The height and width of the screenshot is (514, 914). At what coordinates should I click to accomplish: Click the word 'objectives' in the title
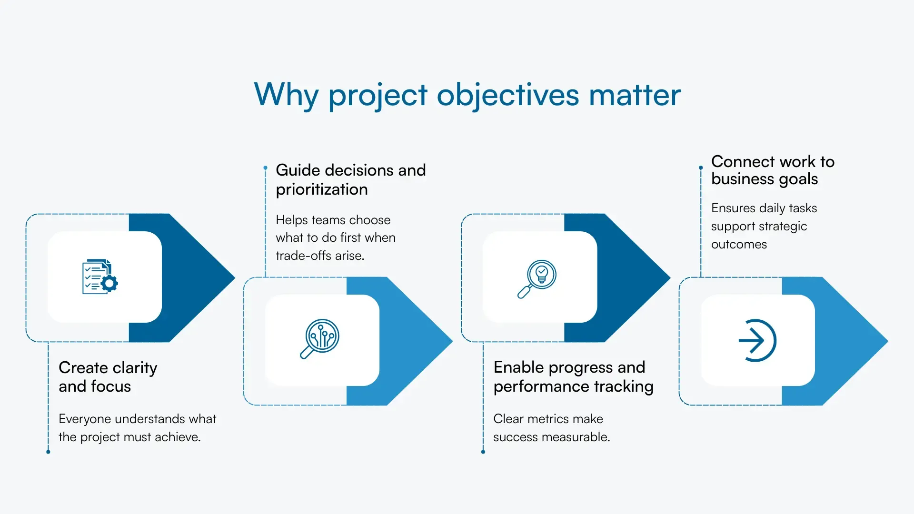(x=507, y=95)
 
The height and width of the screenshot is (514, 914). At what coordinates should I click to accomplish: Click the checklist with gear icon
(x=100, y=277)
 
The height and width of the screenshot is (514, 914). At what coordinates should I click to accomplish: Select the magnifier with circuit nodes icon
(x=320, y=338)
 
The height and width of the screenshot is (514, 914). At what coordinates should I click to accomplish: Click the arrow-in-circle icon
(x=757, y=340)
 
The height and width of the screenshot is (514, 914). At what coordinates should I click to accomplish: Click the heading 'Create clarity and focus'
(x=108, y=377)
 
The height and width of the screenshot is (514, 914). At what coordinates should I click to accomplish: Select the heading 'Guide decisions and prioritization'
(x=350, y=179)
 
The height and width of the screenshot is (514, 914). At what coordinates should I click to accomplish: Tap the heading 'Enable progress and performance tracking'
(x=573, y=377)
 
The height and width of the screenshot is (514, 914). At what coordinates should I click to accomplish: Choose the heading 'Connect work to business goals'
(x=772, y=170)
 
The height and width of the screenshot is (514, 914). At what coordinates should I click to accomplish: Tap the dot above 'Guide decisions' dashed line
(x=266, y=168)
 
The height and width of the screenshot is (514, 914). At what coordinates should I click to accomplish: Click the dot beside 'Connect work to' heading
(x=701, y=168)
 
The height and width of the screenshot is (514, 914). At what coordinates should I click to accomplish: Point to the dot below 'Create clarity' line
(x=48, y=452)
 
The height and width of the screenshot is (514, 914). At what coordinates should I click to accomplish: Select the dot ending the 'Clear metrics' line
(x=483, y=452)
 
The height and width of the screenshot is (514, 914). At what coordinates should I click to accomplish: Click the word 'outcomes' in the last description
(x=739, y=244)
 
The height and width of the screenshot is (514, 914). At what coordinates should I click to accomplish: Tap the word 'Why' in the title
(x=286, y=95)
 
